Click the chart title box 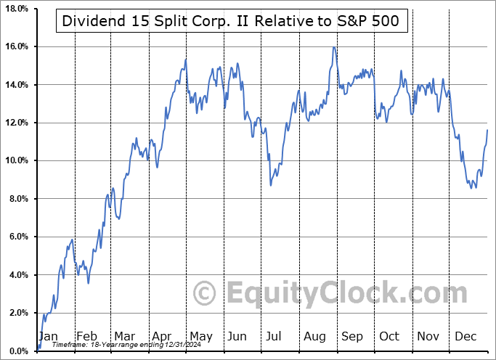(x=230, y=21)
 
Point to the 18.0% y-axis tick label (x=16, y=9)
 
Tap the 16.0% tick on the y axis (x=16, y=46)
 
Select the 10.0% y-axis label (x=16, y=160)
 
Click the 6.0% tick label (x=16, y=237)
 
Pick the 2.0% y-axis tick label (x=16, y=313)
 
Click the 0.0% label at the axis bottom (x=16, y=351)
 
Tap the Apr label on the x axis (x=161, y=336)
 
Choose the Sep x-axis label (x=353, y=336)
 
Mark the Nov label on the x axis (x=429, y=336)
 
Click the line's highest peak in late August (x=333, y=48)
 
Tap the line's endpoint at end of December (x=487, y=129)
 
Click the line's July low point (x=271, y=185)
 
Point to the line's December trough (x=475, y=188)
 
